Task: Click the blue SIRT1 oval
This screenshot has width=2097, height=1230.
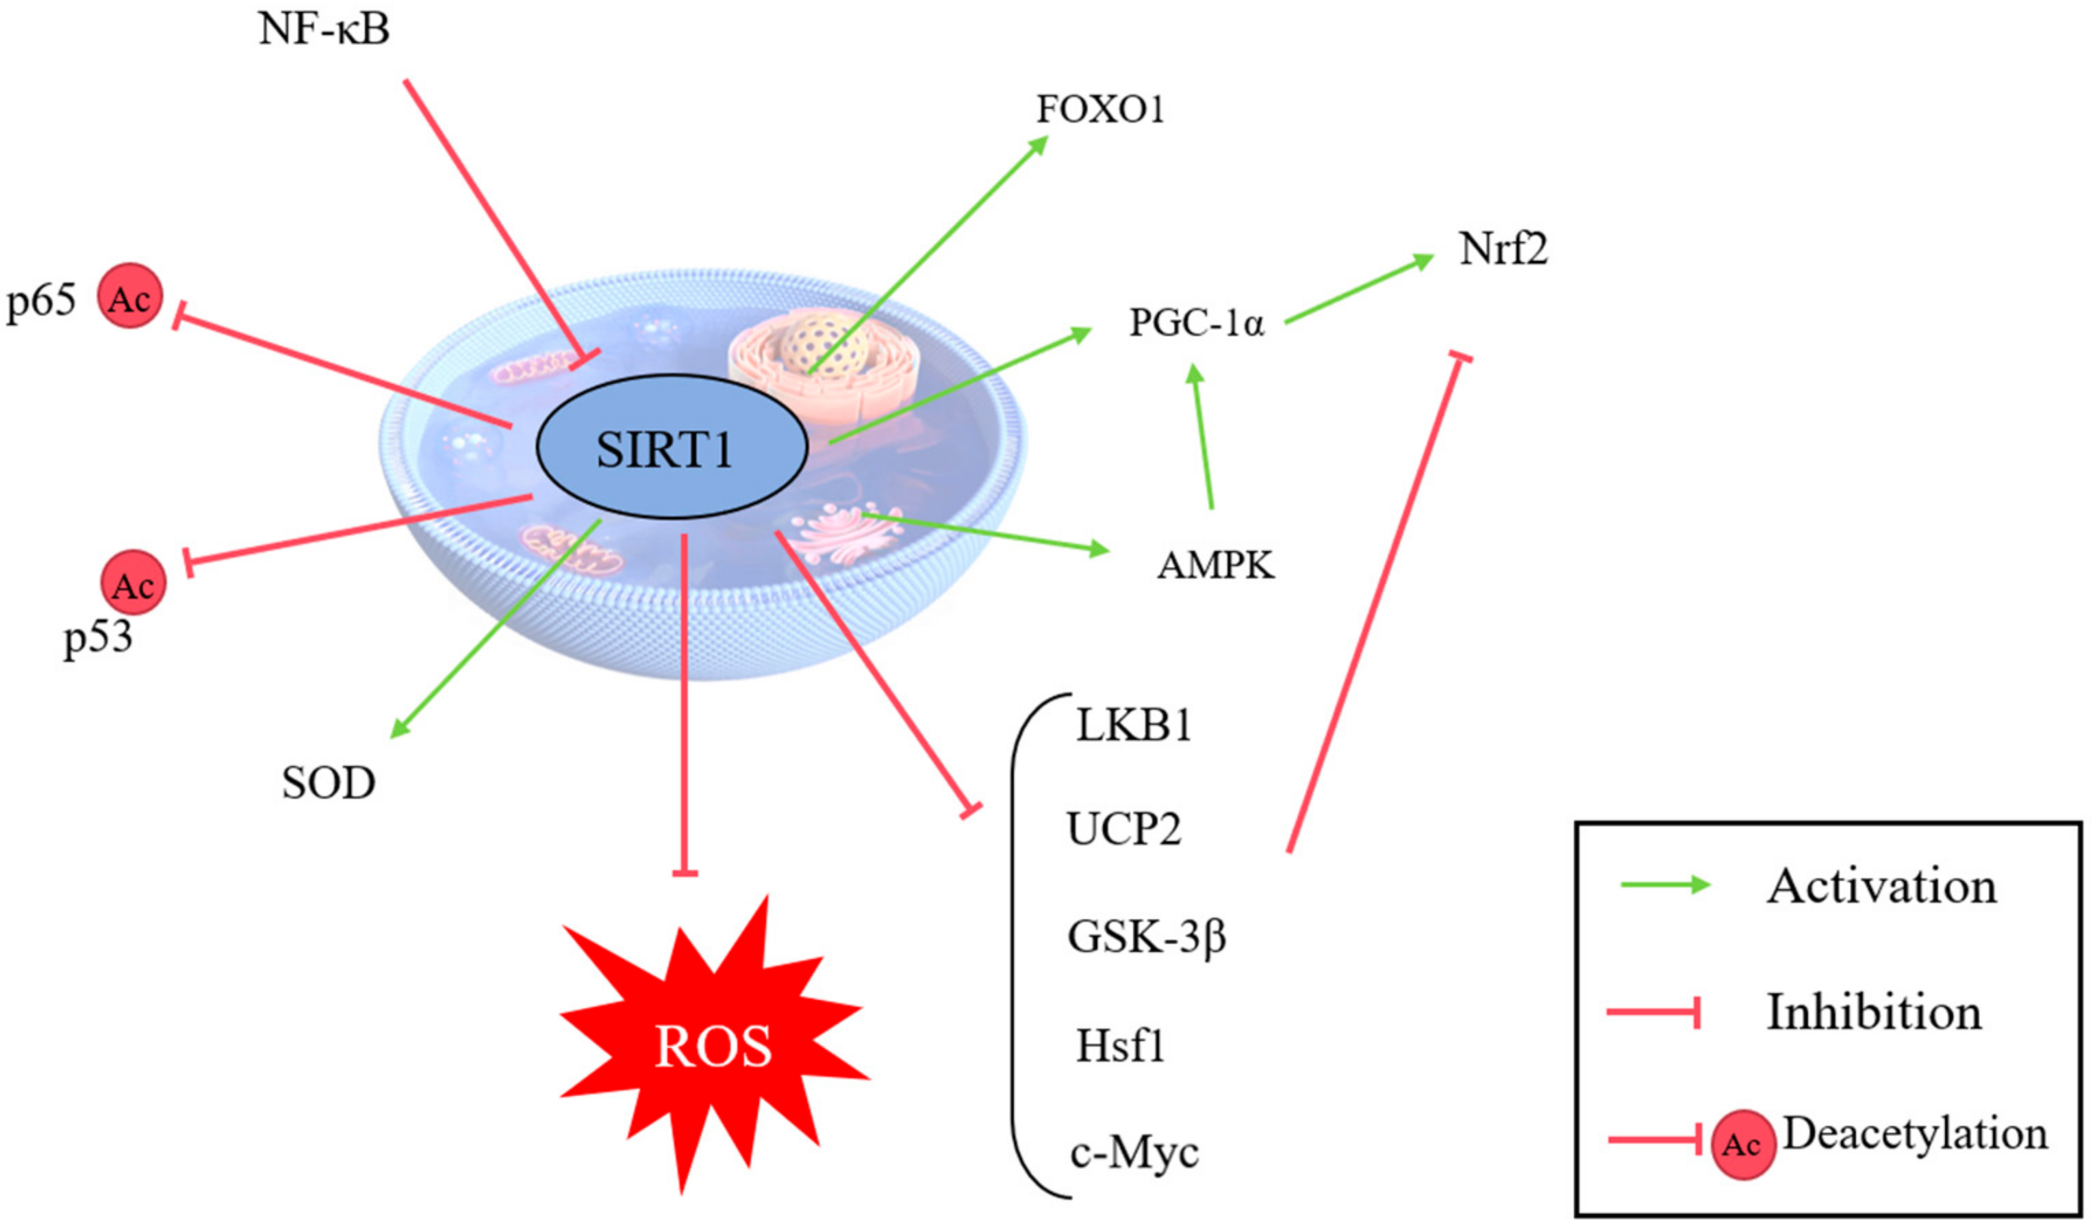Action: pos(672,447)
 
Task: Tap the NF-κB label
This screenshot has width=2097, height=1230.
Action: pos(324,29)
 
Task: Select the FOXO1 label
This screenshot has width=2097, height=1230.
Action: pos(1100,109)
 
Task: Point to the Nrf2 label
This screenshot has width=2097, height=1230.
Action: pos(1503,249)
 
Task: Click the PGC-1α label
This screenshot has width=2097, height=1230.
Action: pos(1196,322)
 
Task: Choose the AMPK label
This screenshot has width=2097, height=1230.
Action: pos(1216,566)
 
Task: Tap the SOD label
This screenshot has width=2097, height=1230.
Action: pos(329,783)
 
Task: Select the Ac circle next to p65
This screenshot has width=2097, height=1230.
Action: pos(130,297)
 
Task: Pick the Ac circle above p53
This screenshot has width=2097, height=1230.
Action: pos(133,583)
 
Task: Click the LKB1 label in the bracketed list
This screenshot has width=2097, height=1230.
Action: pos(1133,726)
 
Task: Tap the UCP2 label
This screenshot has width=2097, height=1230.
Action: pos(1123,830)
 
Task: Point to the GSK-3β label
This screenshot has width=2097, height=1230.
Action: pos(1146,937)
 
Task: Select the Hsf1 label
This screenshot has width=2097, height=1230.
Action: pos(1120,1046)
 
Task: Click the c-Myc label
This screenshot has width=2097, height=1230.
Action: pos(1134,1153)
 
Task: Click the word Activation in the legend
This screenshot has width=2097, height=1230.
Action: pos(1881,886)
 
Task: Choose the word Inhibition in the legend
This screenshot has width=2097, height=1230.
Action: pos(1874,1013)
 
